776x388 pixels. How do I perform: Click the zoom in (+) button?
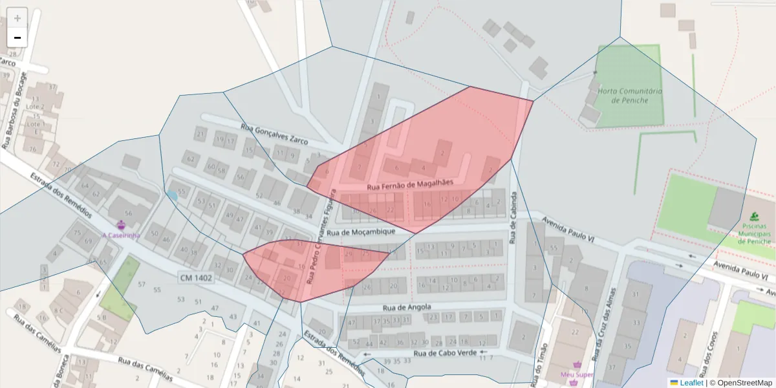(x=17, y=17)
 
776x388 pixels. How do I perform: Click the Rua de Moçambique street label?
(x=361, y=232)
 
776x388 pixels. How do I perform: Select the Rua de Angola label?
(x=407, y=307)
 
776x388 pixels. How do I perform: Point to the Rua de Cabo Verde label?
(x=445, y=353)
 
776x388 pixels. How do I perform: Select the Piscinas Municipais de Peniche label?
(x=755, y=237)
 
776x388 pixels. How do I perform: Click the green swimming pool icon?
(x=754, y=216)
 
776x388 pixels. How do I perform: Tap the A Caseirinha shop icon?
(x=121, y=224)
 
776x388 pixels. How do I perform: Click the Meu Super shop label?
(x=577, y=374)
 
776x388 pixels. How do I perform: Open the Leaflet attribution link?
(x=690, y=383)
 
